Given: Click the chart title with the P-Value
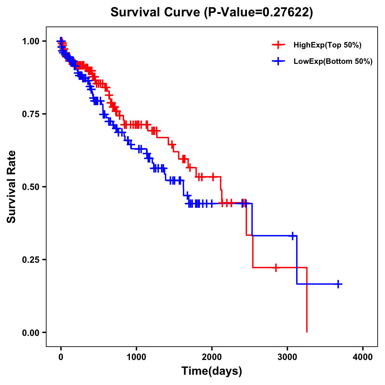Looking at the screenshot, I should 211,12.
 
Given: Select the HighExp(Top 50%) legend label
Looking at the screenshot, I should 327,45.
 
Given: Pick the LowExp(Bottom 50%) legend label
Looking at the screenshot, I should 333,61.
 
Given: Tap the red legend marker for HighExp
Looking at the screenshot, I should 278,45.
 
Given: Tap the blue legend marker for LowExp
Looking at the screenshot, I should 278,61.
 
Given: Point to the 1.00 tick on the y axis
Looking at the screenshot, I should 31,41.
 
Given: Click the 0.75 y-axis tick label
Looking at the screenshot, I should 31,114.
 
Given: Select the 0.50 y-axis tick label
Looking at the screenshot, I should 31,187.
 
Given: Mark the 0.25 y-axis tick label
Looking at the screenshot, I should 31,260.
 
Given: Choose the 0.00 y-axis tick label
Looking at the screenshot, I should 31,333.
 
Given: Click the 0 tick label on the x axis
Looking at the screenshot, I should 61,357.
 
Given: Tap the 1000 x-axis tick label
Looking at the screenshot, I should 136,357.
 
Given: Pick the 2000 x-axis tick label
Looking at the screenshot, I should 212,357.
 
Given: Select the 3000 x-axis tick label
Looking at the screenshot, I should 287,357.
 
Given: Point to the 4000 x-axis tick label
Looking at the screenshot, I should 363,357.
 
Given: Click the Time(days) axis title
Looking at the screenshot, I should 211,371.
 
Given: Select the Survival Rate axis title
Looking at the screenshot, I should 12,187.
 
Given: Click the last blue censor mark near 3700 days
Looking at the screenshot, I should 338,284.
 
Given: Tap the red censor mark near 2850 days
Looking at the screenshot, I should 276,267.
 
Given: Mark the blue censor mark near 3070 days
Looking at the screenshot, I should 292,236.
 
